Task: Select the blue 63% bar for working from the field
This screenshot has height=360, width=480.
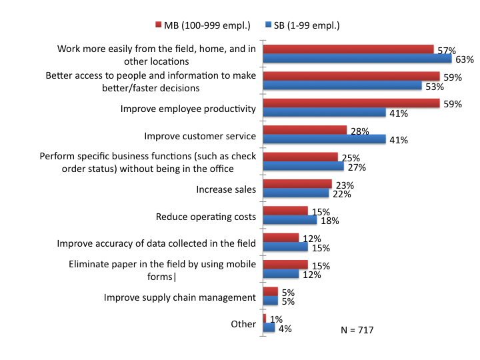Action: pyautogui.click(x=357, y=59)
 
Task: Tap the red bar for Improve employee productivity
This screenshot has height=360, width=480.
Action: pyautogui.click(x=351, y=103)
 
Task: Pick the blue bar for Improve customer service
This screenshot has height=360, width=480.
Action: pyautogui.click(x=325, y=139)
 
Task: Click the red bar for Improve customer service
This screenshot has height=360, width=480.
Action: pyautogui.click(x=305, y=130)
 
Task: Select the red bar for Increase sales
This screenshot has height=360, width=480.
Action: pyautogui.click(x=297, y=184)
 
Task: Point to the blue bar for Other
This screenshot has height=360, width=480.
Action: pyautogui.click(x=269, y=327)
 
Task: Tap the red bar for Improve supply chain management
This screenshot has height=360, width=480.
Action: pyautogui.click(x=271, y=291)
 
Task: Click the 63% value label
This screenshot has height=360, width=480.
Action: pyautogui.click(x=465, y=59)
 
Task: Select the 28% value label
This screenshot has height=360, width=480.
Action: pyautogui.click(x=359, y=131)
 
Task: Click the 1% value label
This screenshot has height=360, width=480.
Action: pyautogui.click(x=275, y=318)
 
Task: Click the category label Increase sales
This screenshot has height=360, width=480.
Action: pyautogui.click(x=226, y=189)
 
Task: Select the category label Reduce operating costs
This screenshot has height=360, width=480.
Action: pyautogui.click(x=206, y=217)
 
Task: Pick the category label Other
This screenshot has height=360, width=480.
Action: pyautogui.click(x=243, y=324)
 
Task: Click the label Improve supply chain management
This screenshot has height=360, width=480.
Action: pyautogui.click(x=180, y=297)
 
